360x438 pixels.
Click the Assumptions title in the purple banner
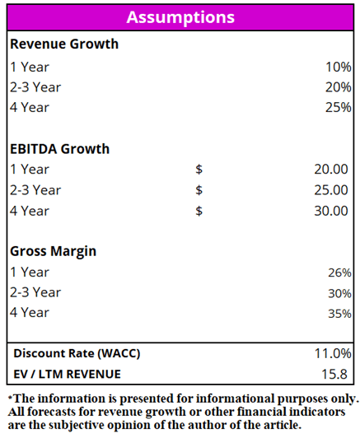coord(180,18)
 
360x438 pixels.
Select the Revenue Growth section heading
coord(64,44)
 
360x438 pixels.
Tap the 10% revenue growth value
coord(339,67)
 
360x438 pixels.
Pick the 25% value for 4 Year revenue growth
coord(339,108)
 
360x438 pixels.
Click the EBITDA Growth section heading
coord(60,149)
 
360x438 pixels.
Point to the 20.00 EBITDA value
coord(331,170)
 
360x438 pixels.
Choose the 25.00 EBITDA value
coord(331,190)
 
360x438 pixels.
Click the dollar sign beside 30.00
coord(199,211)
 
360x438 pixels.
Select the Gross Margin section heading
coord(53,251)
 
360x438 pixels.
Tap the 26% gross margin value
coord(339,273)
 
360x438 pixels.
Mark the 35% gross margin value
coord(339,314)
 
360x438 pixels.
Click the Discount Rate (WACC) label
coord(77,354)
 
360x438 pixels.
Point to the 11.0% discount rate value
coord(333,354)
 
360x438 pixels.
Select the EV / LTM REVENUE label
coord(67,375)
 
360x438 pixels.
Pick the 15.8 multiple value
coord(334,375)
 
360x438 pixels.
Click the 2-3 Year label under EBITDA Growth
coord(35,190)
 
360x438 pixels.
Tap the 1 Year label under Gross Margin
coord(30,272)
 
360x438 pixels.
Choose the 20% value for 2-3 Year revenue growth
coord(339,87)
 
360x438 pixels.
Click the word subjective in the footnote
coord(77,426)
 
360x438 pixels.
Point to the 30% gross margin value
coord(339,294)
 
